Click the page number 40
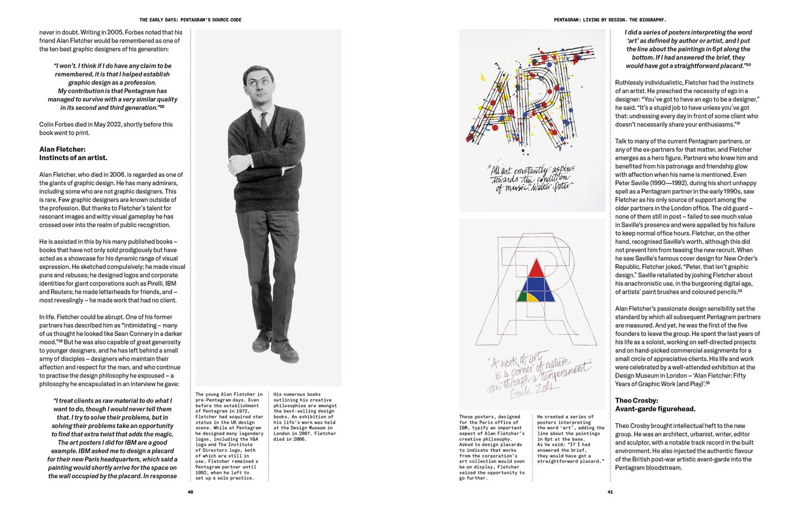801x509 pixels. pyautogui.click(x=190, y=492)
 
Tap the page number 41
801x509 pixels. pyautogui.click(x=610, y=492)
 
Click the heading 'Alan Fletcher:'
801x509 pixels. pyautogui.click(x=62, y=149)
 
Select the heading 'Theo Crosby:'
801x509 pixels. pyautogui.click(x=636, y=400)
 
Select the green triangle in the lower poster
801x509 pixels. pyautogui.click(x=522, y=296)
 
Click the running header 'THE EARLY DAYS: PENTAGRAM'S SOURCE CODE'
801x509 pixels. pyautogui.click(x=190, y=20)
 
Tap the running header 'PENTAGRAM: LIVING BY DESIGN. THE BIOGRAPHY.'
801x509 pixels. pyautogui.click(x=610, y=20)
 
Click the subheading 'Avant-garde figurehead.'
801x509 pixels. pyautogui.click(x=655, y=409)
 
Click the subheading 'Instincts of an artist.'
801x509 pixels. pyautogui.click(x=73, y=157)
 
